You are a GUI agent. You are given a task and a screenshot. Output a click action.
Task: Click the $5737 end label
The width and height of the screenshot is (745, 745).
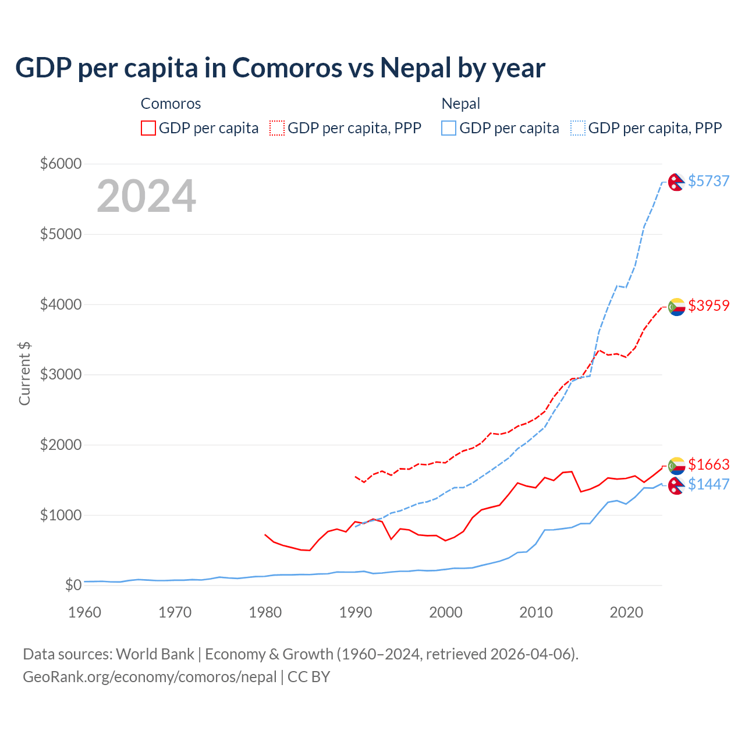pyautogui.click(x=708, y=181)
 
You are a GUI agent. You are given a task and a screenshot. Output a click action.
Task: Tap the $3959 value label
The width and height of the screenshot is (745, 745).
pyautogui.click(x=708, y=306)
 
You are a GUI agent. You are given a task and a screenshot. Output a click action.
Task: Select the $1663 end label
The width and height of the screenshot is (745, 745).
pyautogui.click(x=708, y=464)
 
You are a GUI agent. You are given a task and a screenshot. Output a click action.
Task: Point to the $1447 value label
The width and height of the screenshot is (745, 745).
pyautogui.click(x=708, y=484)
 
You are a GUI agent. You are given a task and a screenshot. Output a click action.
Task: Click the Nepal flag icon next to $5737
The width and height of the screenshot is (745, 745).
pyautogui.click(x=676, y=182)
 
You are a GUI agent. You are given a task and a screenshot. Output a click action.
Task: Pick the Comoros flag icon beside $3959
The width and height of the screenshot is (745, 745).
pyautogui.click(x=676, y=306)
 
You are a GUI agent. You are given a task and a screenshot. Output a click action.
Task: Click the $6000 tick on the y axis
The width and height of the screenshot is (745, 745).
pyautogui.click(x=61, y=164)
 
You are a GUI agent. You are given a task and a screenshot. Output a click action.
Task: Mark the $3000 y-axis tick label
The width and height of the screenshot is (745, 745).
pyautogui.click(x=61, y=374)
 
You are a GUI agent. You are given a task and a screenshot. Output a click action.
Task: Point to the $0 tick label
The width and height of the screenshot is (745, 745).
pyautogui.click(x=72, y=585)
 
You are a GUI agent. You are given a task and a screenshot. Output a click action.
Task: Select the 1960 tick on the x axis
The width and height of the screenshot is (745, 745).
pyautogui.click(x=85, y=612)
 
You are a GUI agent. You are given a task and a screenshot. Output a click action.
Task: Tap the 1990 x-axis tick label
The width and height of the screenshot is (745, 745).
pyautogui.click(x=356, y=612)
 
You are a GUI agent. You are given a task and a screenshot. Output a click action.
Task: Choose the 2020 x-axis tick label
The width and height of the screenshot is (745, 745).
pyautogui.click(x=626, y=612)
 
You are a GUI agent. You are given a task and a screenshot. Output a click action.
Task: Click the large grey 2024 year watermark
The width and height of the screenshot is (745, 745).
pyautogui.click(x=146, y=196)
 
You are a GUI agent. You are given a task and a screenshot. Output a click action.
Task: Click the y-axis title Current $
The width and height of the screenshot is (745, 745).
pyautogui.click(x=24, y=374)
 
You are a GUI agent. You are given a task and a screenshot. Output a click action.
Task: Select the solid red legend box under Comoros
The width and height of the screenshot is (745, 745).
pyautogui.click(x=148, y=128)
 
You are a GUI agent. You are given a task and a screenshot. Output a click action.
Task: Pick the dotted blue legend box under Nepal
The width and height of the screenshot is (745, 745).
pyautogui.click(x=578, y=128)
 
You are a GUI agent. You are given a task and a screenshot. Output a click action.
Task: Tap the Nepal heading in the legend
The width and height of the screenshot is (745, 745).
pyautogui.click(x=460, y=104)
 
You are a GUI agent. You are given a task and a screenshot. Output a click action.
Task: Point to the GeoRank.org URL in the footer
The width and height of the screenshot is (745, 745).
pyautogui.click(x=150, y=677)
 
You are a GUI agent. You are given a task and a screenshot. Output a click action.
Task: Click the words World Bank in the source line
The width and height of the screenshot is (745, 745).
pyautogui.click(x=155, y=654)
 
